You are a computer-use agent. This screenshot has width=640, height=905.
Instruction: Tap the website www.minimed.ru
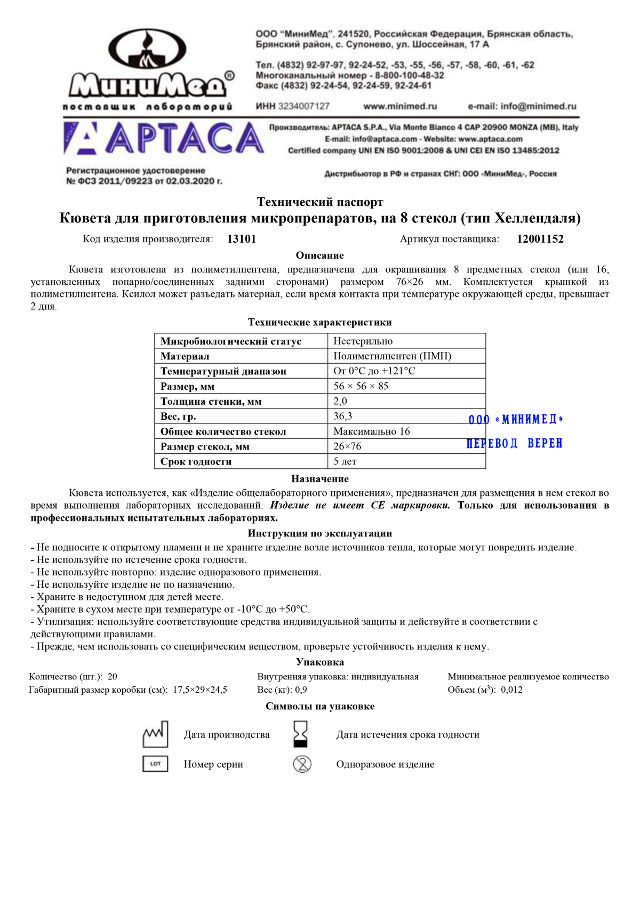400,106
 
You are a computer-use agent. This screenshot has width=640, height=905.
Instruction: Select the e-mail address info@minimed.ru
522,106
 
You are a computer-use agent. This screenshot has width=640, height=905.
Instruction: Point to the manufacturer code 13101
242,239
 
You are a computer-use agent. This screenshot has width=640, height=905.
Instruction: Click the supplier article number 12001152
540,239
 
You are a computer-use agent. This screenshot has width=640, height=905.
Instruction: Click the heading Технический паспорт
320,202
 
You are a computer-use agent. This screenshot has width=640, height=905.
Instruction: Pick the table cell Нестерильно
363,341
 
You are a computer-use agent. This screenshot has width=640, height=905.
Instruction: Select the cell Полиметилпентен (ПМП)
392,356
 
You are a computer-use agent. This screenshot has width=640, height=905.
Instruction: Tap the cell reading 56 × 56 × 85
361,386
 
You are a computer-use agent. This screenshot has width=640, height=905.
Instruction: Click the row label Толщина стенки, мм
211,402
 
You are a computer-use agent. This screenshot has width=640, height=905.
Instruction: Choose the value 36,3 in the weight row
343,416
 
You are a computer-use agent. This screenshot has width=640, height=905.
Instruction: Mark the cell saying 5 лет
345,461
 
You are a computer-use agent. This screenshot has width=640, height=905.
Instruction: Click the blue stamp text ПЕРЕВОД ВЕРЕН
514,444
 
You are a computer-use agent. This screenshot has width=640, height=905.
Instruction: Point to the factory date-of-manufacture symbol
155,734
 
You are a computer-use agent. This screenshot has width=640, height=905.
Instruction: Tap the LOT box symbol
155,764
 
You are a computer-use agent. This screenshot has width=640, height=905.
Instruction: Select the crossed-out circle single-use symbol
302,764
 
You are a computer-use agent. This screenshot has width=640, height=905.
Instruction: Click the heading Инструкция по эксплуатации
320,533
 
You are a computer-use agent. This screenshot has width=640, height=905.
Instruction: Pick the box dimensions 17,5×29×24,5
200,690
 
